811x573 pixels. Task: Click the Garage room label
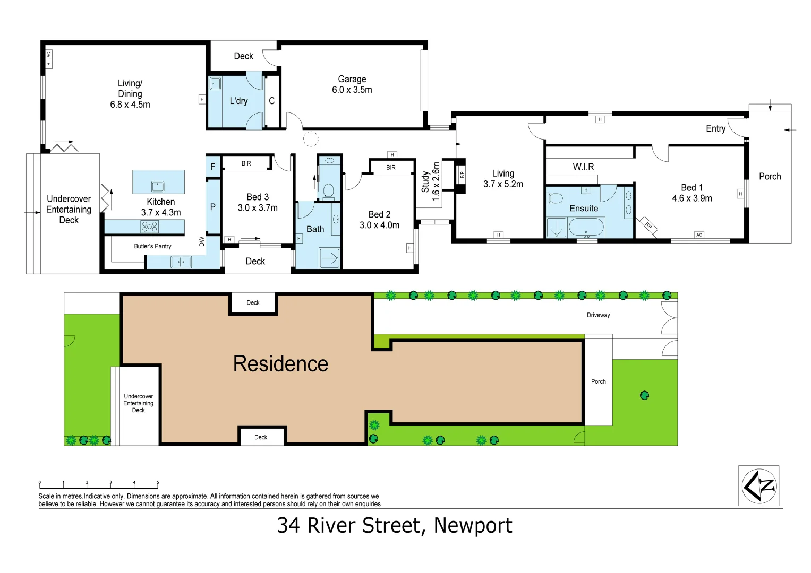click(352, 80)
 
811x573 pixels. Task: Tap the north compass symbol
click(759, 485)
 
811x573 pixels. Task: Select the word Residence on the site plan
click(280, 364)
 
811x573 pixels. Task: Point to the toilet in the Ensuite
click(555, 199)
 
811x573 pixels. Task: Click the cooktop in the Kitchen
click(149, 227)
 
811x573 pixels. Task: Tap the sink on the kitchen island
click(158, 186)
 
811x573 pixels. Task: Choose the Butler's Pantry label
click(152, 246)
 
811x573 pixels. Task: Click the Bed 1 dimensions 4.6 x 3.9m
click(692, 198)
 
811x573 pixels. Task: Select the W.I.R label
click(583, 167)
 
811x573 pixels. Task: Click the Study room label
click(425, 181)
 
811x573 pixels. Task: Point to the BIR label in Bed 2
click(391, 168)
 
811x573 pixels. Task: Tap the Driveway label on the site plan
click(598, 315)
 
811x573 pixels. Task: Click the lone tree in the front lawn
click(644, 395)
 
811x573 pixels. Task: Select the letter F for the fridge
click(213, 167)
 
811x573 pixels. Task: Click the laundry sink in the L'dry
click(216, 84)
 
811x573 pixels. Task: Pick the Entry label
click(715, 128)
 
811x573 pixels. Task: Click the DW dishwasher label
click(202, 241)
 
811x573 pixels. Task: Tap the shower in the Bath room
click(329, 258)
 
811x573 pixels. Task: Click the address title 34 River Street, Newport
click(395, 526)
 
